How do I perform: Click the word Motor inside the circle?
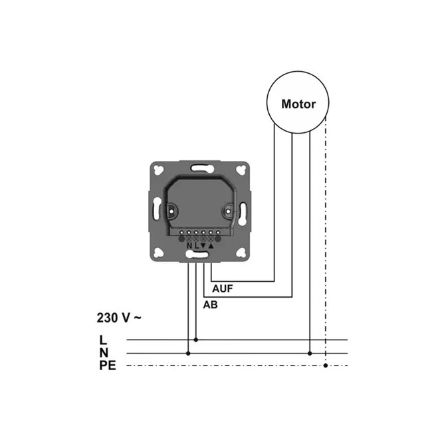[x=298, y=104]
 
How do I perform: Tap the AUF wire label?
[x=223, y=290]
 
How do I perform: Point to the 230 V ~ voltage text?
[x=118, y=318]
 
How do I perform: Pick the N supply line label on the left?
[x=103, y=352]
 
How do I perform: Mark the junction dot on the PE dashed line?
[x=325, y=366]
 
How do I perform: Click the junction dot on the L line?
[x=195, y=340]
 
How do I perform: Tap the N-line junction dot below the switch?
[x=188, y=353]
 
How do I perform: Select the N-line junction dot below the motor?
[x=309, y=353]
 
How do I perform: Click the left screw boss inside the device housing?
[x=170, y=213]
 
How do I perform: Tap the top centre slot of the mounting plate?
[x=199, y=169]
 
